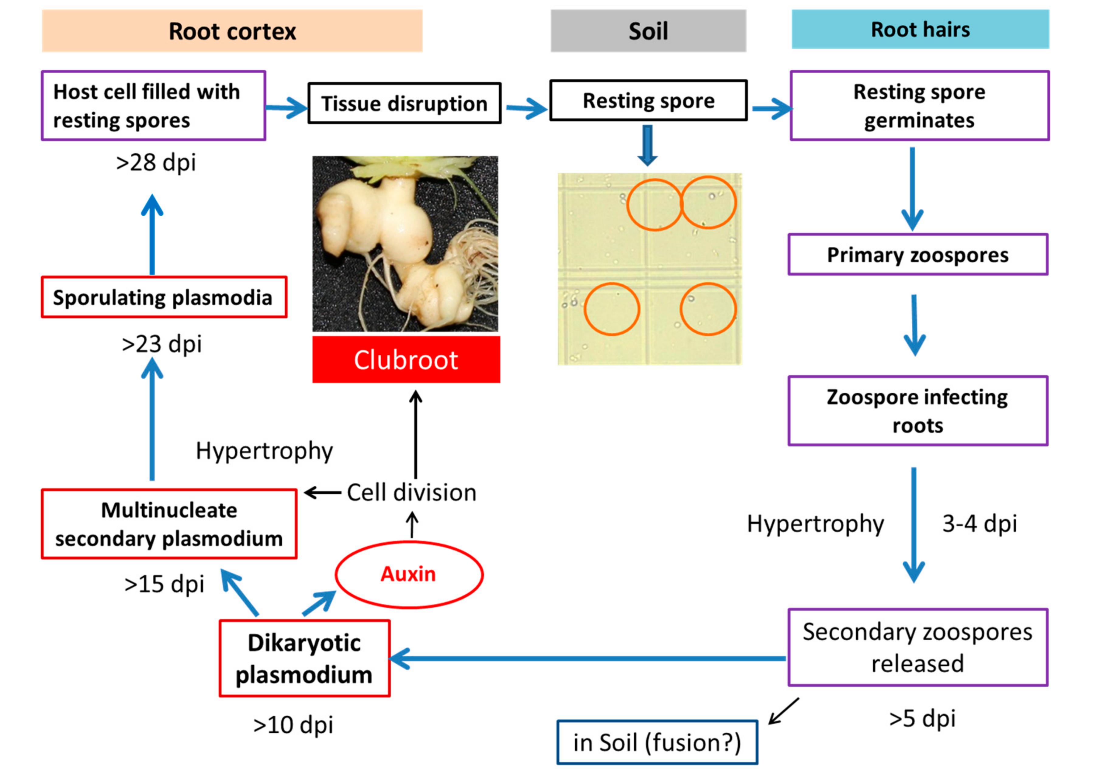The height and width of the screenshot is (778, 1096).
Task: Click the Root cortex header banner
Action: [x=232, y=31]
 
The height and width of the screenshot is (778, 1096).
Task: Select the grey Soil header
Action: [x=648, y=31]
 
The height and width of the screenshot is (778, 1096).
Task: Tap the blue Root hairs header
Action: [x=920, y=29]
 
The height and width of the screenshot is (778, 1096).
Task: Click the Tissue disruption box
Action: [x=404, y=103]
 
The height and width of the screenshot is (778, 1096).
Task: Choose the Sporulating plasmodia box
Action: [x=164, y=297]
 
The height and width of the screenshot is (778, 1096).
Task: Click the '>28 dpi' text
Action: [x=156, y=162]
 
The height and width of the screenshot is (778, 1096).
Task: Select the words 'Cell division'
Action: [x=411, y=492]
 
